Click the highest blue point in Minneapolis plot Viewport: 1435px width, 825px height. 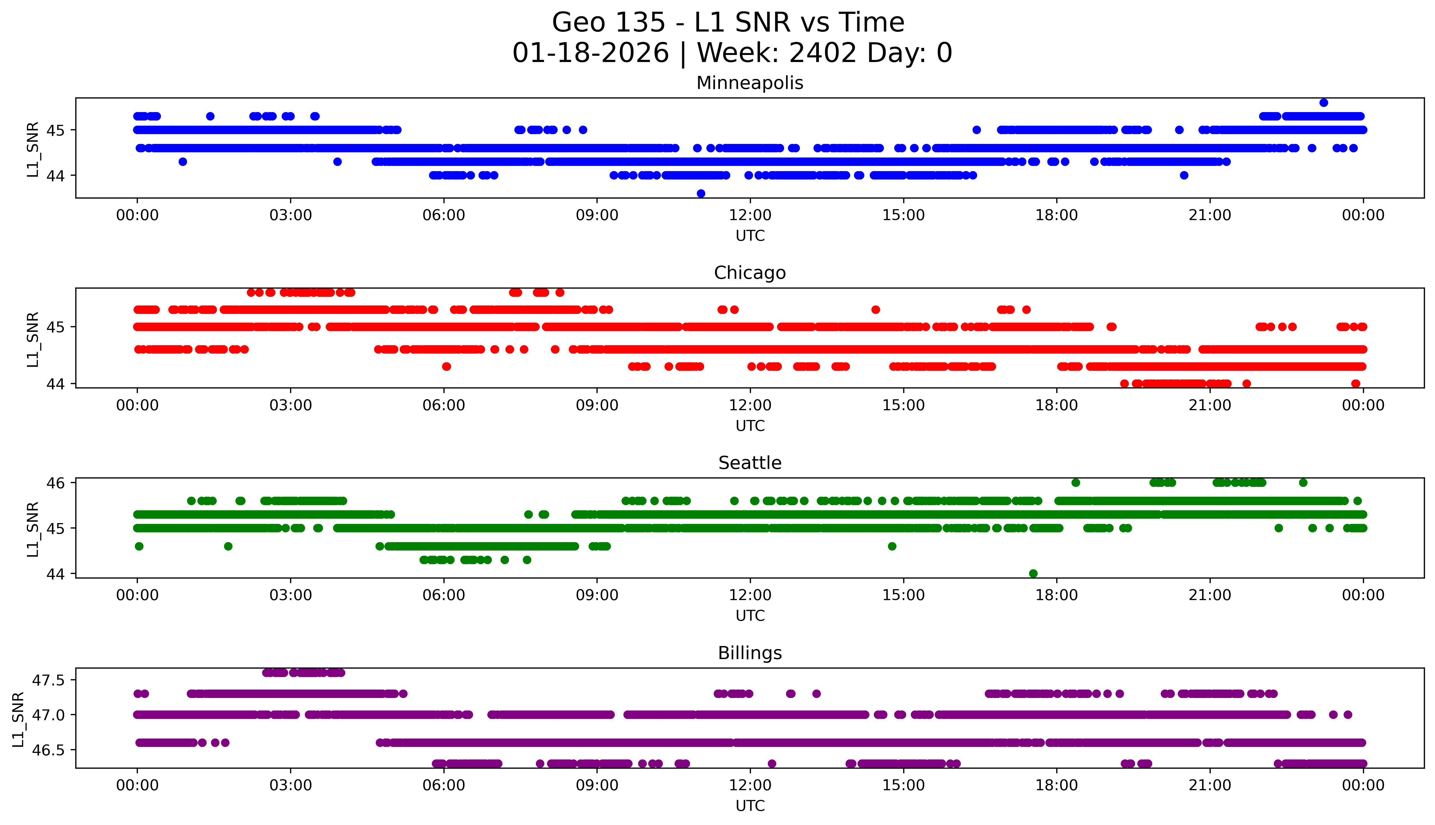pos(1324,103)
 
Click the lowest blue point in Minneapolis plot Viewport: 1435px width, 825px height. pos(701,193)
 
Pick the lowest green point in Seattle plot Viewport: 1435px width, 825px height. pos(1033,573)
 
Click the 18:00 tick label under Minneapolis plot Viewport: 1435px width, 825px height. pos(1057,215)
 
